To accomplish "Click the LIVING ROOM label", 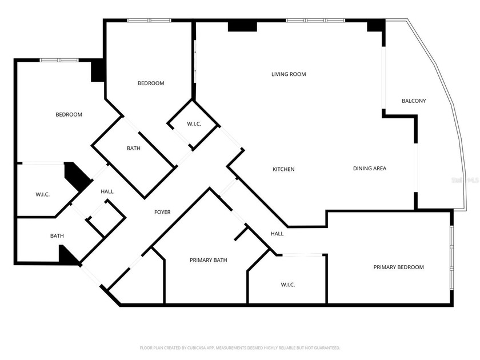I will point(289,74).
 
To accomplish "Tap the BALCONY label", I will point(414,101).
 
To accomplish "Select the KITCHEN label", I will point(283,169).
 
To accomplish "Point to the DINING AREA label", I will point(369,169).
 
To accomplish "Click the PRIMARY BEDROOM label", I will point(399,267).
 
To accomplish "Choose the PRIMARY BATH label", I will point(208,260).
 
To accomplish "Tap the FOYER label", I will point(162,213).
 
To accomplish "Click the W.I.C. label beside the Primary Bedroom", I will point(287,285).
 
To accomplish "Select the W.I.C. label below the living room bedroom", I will point(194,124).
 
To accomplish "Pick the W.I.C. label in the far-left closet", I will point(43,195).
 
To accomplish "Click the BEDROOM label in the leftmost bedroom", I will point(69,115).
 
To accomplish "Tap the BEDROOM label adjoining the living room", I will point(151,83).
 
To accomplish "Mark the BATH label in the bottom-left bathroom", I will point(57,235).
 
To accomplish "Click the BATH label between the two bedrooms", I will point(134,149).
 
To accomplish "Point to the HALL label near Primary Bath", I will point(277,234).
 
